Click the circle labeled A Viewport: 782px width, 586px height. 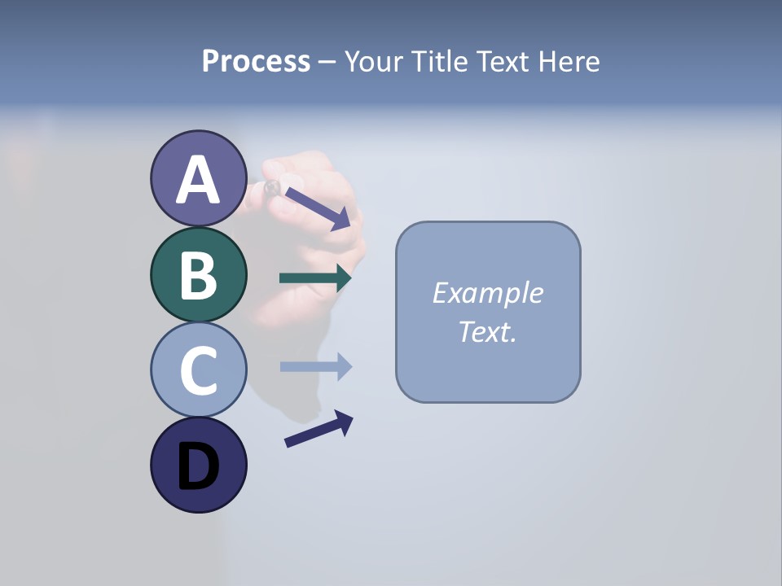click(x=198, y=179)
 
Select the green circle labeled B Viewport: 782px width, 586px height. click(x=198, y=274)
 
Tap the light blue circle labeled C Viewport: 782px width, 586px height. click(x=198, y=370)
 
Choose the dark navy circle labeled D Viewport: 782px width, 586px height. click(x=198, y=465)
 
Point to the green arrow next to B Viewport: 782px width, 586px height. click(x=315, y=278)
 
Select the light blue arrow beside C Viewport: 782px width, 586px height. click(x=315, y=367)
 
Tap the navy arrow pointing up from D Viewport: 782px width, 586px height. click(x=319, y=429)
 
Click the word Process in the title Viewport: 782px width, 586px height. click(x=256, y=61)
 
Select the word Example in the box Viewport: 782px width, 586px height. click(x=487, y=293)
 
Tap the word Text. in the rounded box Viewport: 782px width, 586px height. click(x=487, y=331)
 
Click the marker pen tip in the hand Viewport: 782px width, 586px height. click(x=272, y=188)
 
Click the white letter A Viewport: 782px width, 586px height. click(x=198, y=181)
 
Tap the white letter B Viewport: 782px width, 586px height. click(x=198, y=276)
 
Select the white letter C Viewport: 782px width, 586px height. click(x=198, y=371)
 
